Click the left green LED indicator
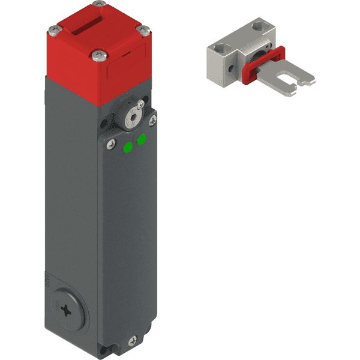128,147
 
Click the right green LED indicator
142,140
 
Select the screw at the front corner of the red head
98,57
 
